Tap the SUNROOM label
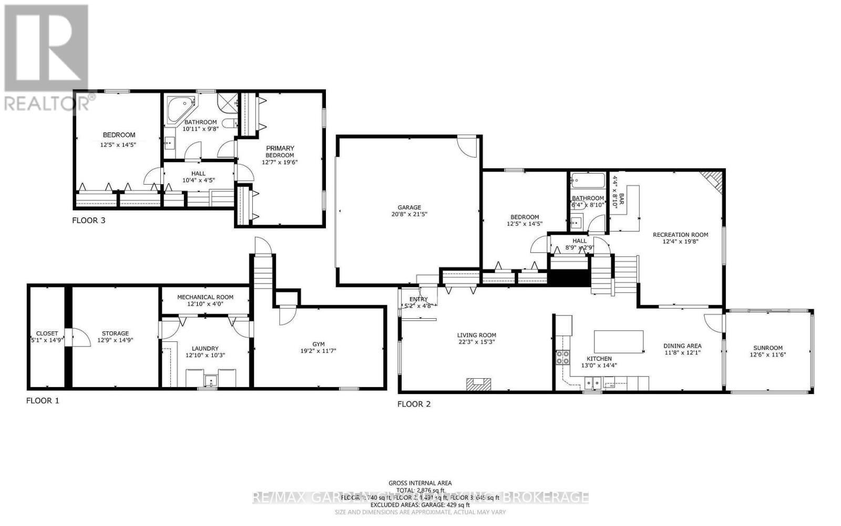[x=768, y=348]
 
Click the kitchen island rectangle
[x=619, y=341]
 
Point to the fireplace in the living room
[x=479, y=385]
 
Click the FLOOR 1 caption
[x=43, y=401]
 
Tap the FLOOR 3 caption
[x=88, y=220]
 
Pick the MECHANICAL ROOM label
[x=205, y=297]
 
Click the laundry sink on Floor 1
[x=211, y=380]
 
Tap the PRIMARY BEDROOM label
[x=280, y=151]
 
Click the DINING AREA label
[x=682, y=346]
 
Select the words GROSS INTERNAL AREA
[x=420, y=483]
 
